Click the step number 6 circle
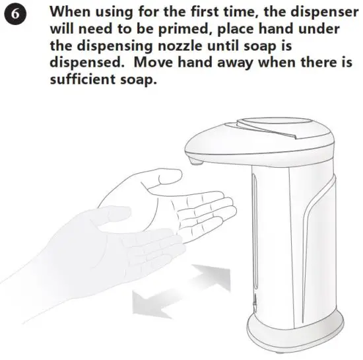tap(15, 15)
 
